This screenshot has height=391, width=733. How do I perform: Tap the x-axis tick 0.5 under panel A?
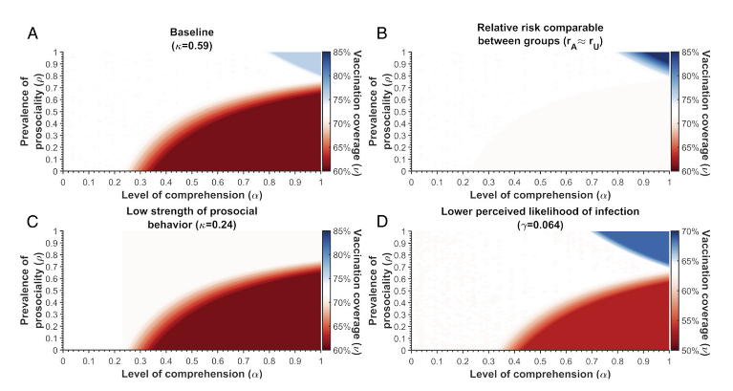(192, 180)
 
